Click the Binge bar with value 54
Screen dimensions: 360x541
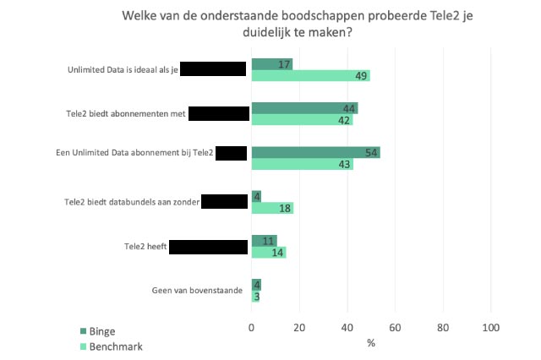coord(315,153)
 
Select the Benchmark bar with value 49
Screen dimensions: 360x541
coord(310,76)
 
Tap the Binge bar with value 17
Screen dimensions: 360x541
coord(272,64)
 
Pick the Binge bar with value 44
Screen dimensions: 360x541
coord(304,108)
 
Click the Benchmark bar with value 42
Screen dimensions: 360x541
coord(302,120)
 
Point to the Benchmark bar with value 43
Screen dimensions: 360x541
coord(303,164)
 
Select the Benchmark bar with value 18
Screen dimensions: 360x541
coord(272,208)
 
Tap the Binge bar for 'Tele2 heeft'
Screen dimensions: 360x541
coord(264,241)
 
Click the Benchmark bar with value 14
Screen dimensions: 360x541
coord(268,252)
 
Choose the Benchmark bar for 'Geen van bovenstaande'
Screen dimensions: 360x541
coord(255,296)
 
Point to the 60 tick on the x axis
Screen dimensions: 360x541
coord(396,327)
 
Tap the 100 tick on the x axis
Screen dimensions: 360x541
coord(490,327)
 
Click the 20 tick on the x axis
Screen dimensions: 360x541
coord(299,327)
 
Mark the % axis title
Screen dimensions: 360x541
coord(371,342)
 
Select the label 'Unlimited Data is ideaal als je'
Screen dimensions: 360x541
coord(123,70)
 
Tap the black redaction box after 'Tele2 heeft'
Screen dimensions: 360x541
coord(208,247)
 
